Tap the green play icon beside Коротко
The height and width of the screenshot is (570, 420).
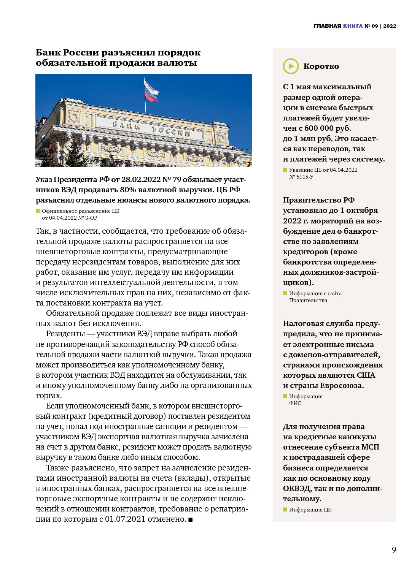click(291, 66)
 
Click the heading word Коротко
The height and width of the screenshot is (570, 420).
click(321, 66)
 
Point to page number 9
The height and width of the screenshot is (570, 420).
click(394, 549)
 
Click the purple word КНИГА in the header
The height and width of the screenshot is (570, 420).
click(353, 26)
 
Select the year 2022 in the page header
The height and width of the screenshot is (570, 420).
click(390, 26)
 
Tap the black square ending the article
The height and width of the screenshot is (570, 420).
click(191, 519)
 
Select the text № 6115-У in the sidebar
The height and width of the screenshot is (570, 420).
click(301, 177)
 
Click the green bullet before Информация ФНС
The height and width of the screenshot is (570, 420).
click(285, 396)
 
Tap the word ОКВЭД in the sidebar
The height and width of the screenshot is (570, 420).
click(296, 488)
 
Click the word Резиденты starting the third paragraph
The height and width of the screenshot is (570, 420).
click(65, 334)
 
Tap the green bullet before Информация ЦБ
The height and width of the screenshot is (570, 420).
click(285, 509)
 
